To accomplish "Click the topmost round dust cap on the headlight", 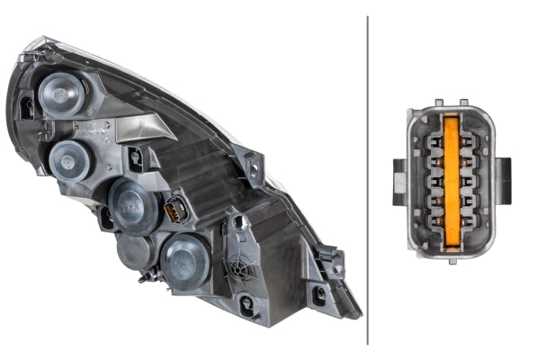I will (62, 93).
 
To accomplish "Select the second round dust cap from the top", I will (70, 160).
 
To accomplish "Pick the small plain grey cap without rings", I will (134, 253).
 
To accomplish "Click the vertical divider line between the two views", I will (368, 180).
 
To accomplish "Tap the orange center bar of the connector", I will (452, 179).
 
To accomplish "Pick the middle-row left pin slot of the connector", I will (434, 180).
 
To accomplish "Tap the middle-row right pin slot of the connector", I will (469, 180).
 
